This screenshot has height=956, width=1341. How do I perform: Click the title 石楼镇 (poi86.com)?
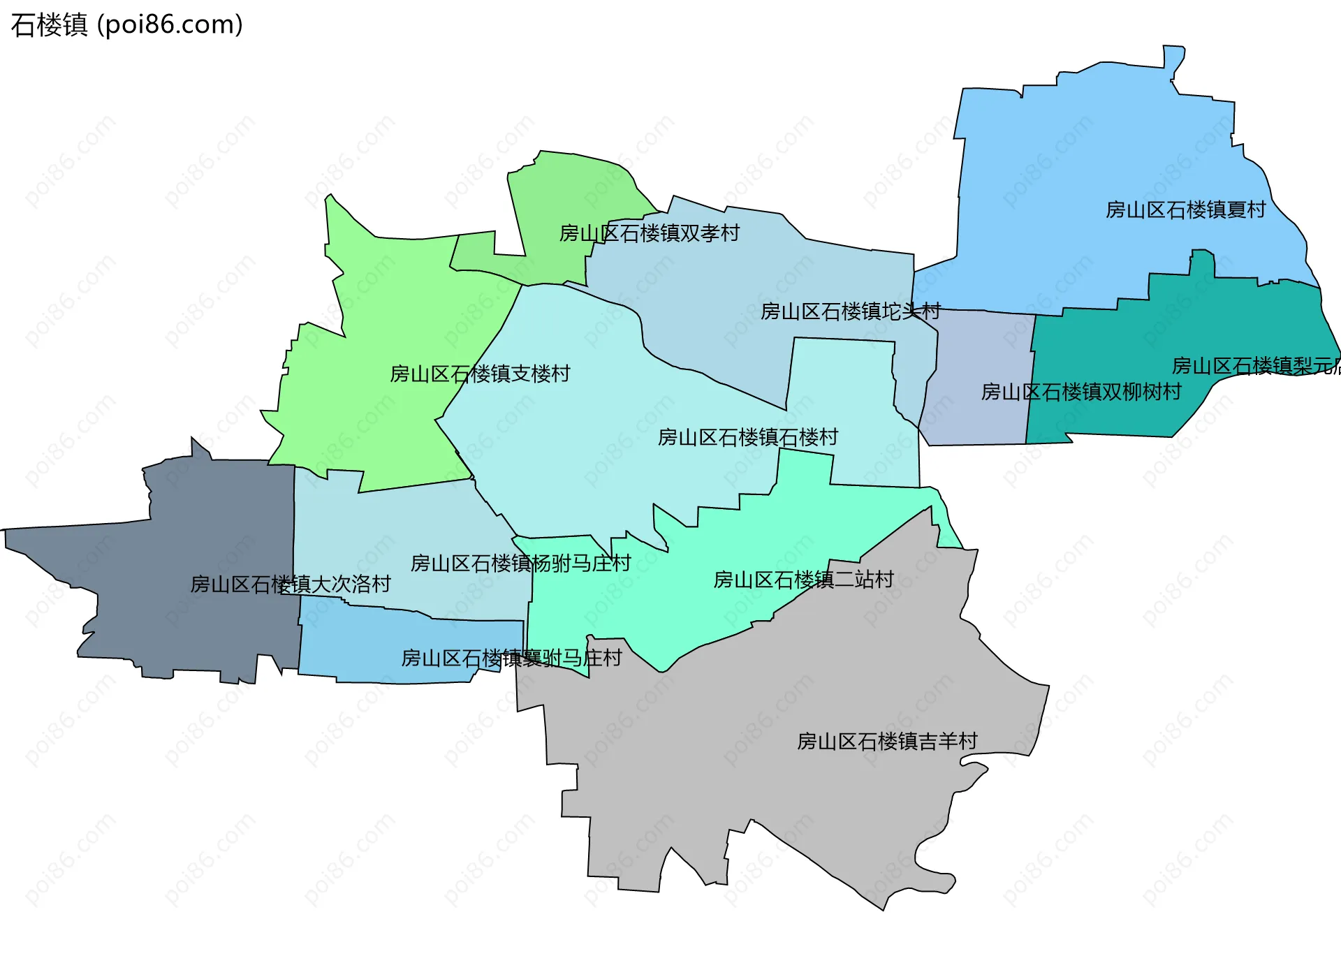[x=126, y=25]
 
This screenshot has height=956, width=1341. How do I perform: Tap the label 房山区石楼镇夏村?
[x=1185, y=209]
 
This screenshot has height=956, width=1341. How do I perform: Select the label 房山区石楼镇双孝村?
[x=649, y=233]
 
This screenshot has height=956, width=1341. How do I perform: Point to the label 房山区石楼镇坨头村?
[x=850, y=311]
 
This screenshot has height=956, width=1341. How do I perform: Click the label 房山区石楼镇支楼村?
[x=480, y=374]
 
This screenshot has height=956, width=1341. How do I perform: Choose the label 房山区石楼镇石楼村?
[x=747, y=438]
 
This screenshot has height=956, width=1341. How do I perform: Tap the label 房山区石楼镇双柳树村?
[x=1080, y=392]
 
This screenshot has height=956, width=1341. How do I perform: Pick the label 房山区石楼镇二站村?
[x=803, y=580]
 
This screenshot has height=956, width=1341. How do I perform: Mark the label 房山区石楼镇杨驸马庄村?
[x=520, y=564]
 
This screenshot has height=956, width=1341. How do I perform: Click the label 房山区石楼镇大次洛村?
[x=290, y=584]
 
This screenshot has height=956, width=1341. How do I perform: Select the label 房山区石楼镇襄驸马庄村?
[x=511, y=658]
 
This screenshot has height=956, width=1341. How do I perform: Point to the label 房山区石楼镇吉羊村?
[x=887, y=742]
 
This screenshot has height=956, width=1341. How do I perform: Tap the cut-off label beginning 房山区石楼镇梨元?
[x=1255, y=366]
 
